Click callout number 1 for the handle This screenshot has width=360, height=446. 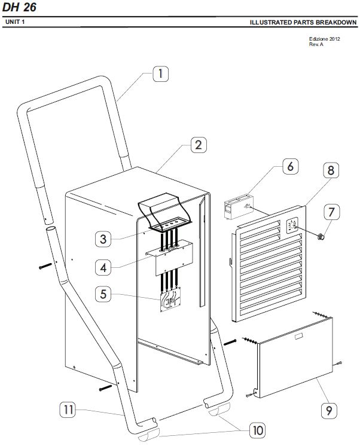tap(160, 74)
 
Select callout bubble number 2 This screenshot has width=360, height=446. tap(199, 145)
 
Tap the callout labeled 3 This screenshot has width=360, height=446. tap(103, 239)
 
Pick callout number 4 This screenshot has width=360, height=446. tap(103, 268)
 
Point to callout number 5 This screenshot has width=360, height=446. tap(103, 294)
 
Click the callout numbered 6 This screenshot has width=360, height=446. tap(290, 166)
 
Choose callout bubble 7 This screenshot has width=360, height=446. tap(331, 212)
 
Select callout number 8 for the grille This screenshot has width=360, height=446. tap(331, 170)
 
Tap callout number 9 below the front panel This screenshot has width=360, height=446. tap(329, 411)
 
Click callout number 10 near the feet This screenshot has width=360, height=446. tap(258, 430)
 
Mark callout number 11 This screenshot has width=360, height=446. tap(68, 410)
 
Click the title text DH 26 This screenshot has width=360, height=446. tap(19, 7)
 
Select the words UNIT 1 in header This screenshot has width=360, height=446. tap(15, 22)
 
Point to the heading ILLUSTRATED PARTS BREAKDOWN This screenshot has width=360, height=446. tap(303, 22)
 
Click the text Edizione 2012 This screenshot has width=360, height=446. tap(325, 39)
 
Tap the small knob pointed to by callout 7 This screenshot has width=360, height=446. tap(321, 236)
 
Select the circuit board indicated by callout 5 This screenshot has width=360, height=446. tap(170, 301)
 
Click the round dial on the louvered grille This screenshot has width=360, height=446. tap(292, 226)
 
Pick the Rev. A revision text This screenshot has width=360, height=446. tap(316, 44)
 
